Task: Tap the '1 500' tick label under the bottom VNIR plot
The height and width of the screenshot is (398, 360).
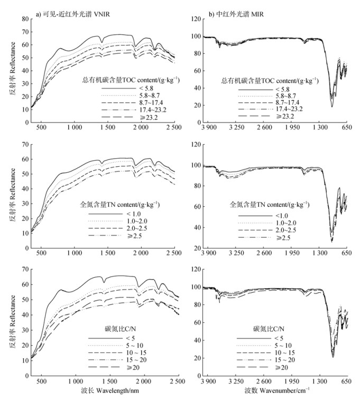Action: (107, 381)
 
